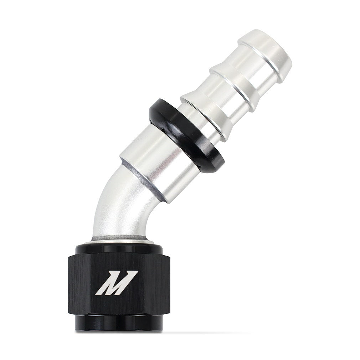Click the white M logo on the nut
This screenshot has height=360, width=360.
coord(117,283)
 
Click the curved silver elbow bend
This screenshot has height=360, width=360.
coord(114,207)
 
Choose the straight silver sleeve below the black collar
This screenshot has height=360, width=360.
coord(160,164)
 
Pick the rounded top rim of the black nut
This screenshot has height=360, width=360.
coord(118,246)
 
